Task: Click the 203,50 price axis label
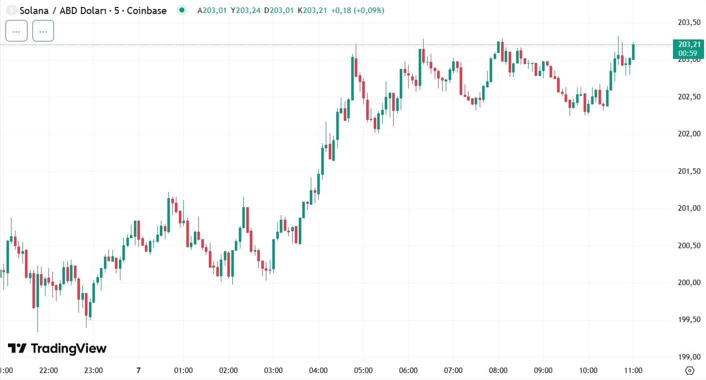[x=689, y=22]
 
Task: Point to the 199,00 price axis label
[x=689, y=357]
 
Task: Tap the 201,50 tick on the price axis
[x=689, y=171]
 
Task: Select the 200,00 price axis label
[x=689, y=283]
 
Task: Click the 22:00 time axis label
[x=48, y=370]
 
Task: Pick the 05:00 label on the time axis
[x=363, y=370]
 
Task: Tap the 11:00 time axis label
[x=633, y=370]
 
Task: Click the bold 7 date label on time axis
[x=138, y=370]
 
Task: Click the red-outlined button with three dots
[x=16, y=31]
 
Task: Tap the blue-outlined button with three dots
[x=43, y=31]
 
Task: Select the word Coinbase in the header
[x=146, y=10]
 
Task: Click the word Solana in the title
[x=34, y=10]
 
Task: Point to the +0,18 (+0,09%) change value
[x=358, y=10]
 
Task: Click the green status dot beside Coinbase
[x=182, y=10]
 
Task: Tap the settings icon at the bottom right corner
[x=690, y=371]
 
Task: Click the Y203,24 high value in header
[x=245, y=10]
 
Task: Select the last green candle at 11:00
[x=633, y=51]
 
